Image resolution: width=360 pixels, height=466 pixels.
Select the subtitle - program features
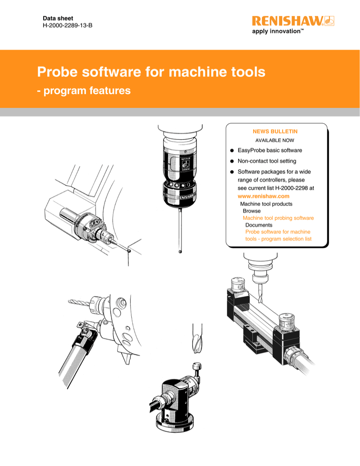click(x=84, y=90)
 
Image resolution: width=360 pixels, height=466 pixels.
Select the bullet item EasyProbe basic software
click(x=269, y=150)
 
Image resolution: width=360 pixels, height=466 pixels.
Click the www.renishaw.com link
click(x=263, y=196)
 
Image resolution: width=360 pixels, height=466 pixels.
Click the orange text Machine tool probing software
click(x=278, y=218)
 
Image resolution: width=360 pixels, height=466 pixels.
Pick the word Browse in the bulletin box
click(x=252, y=211)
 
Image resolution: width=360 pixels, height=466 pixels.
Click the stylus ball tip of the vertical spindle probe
click(x=180, y=252)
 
